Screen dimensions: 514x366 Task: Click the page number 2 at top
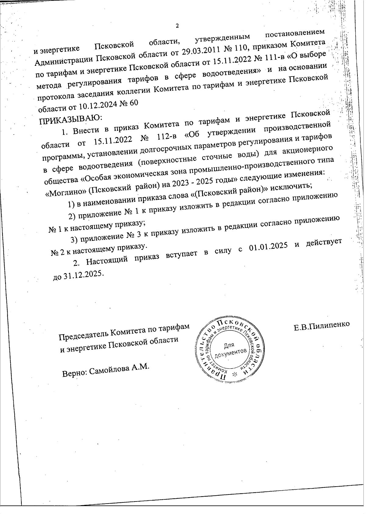pyautogui.click(x=177, y=26)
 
